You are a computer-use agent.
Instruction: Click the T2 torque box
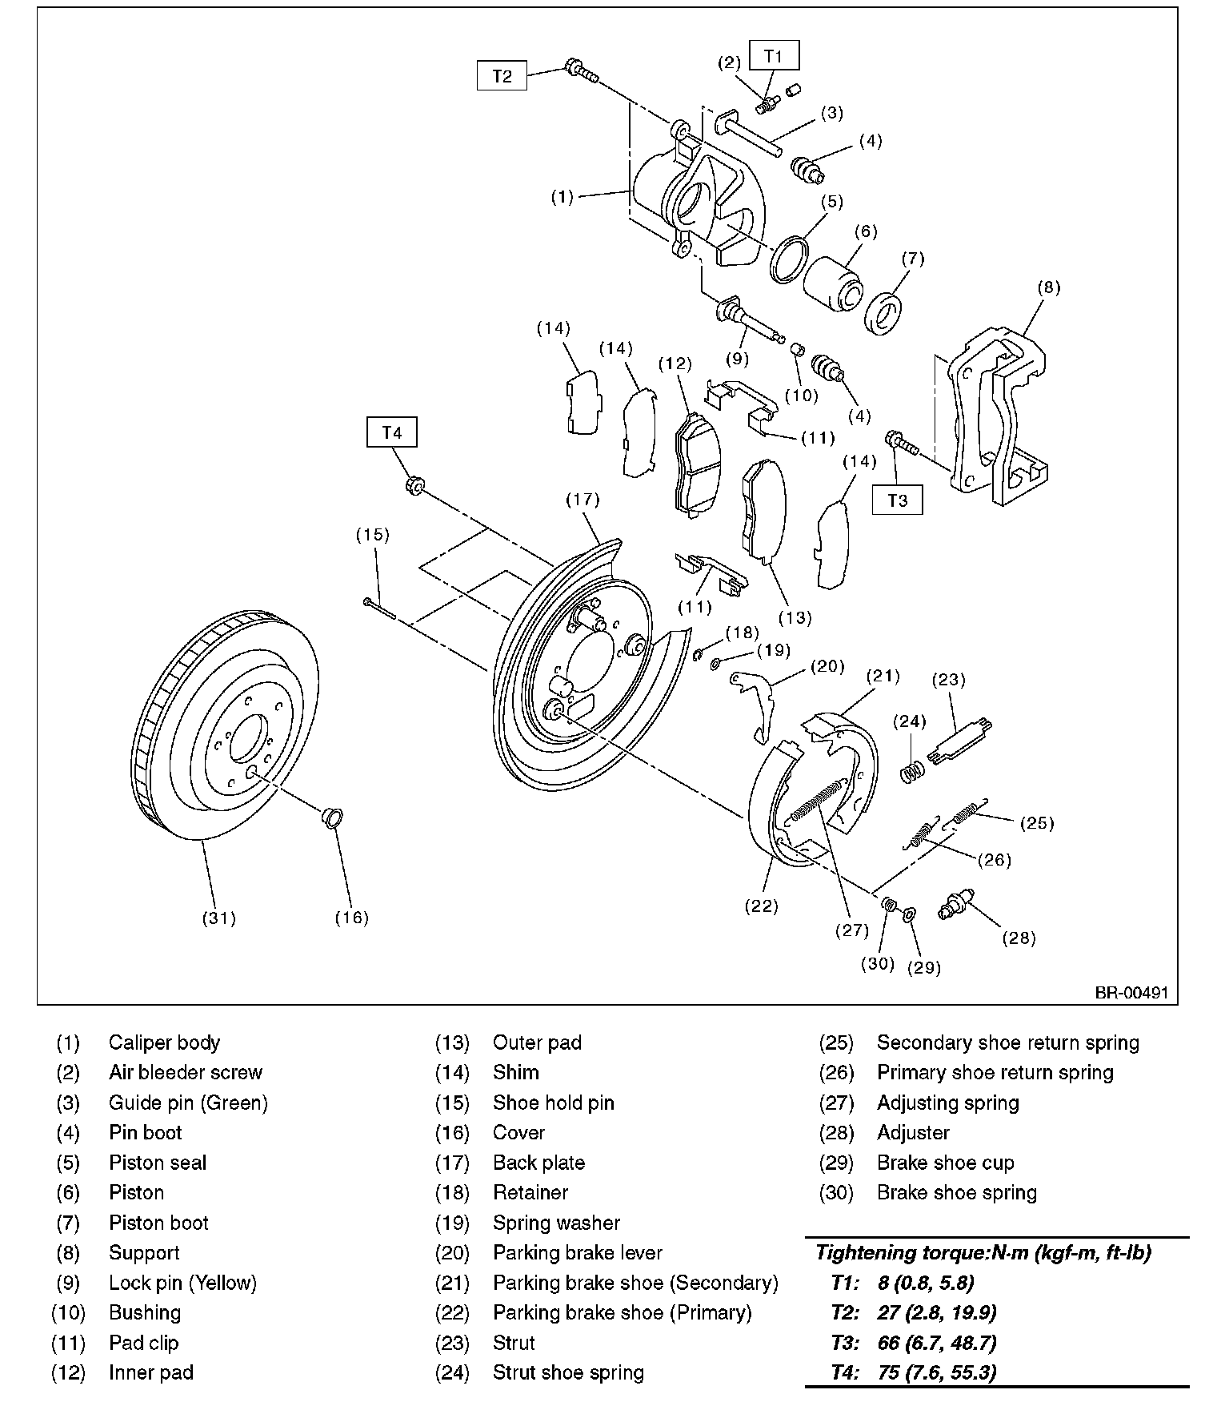(x=502, y=76)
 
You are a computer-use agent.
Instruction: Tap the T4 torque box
(x=391, y=433)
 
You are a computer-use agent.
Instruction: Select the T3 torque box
(x=898, y=500)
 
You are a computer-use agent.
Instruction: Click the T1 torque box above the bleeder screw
(x=773, y=56)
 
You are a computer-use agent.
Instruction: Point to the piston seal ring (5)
(x=789, y=259)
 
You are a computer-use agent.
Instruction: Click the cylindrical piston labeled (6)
(x=833, y=283)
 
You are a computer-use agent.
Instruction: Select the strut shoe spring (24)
(x=912, y=770)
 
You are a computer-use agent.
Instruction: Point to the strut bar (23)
(x=960, y=741)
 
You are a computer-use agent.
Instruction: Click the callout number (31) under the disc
(x=218, y=918)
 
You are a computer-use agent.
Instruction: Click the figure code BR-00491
(x=1131, y=993)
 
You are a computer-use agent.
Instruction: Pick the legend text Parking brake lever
(x=578, y=1253)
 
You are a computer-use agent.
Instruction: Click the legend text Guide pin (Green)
(x=188, y=1103)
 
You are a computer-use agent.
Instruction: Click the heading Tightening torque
(x=983, y=1253)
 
